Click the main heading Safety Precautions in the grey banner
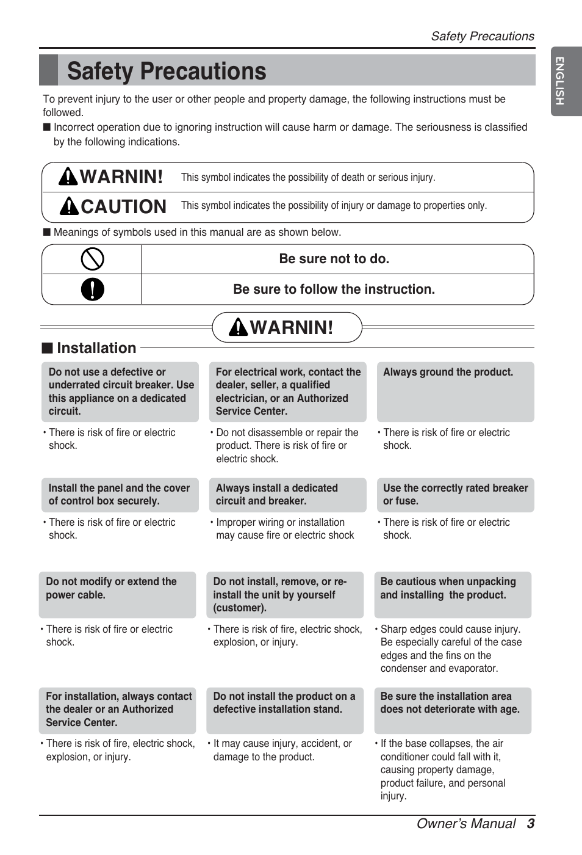pyautogui.click(x=167, y=71)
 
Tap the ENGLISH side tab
pyautogui.click(x=559, y=81)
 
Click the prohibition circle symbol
pyautogui.click(x=92, y=259)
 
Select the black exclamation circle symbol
pyautogui.click(x=92, y=289)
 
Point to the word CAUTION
pyautogui.click(x=123, y=207)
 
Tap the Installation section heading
pyautogui.click(x=96, y=348)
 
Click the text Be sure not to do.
pyautogui.click(x=334, y=259)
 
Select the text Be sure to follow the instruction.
pyautogui.click(x=334, y=289)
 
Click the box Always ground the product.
pyautogui.click(x=455, y=391)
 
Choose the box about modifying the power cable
pyautogui.click(x=117, y=594)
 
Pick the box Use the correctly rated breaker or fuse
pyautogui.click(x=455, y=495)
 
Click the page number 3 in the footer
pyautogui.click(x=531, y=823)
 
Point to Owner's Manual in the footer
pyautogui.click(x=465, y=824)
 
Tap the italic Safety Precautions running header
pyautogui.click(x=482, y=36)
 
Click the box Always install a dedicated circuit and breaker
pyautogui.click(x=287, y=495)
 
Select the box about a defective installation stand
pyautogui.click(x=284, y=710)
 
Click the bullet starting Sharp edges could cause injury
pyautogui.click(x=451, y=649)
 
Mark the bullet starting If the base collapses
pyautogui.click(x=443, y=770)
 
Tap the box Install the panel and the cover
pyautogui.click(x=120, y=495)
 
